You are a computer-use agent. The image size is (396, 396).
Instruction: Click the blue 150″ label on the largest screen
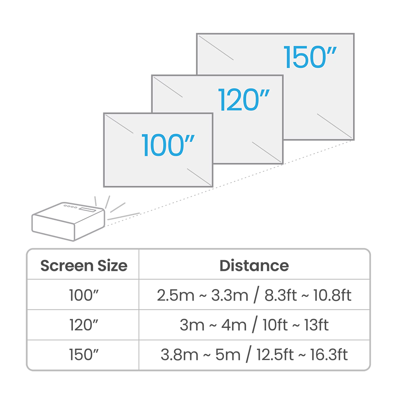pyautogui.click(x=310, y=57)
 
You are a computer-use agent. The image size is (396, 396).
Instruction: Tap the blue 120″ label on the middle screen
pyautogui.click(x=244, y=100)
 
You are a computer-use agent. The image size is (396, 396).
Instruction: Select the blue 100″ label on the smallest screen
pyautogui.click(x=168, y=145)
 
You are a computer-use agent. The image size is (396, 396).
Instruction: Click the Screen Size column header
pyautogui.click(x=84, y=266)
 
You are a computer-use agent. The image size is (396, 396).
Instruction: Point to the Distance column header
pyautogui.click(x=254, y=266)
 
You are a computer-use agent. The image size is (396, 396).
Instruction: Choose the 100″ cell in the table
pyautogui.click(x=84, y=295)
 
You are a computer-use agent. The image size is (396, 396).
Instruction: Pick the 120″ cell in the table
pyautogui.click(x=84, y=325)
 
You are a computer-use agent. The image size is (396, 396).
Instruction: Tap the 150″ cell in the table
pyautogui.click(x=84, y=354)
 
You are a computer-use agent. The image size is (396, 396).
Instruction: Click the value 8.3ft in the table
pyautogui.click(x=281, y=295)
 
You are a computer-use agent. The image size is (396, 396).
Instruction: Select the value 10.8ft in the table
pyautogui.click(x=332, y=295)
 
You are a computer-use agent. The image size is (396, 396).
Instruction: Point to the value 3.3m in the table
pyautogui.click(x=230, y=295)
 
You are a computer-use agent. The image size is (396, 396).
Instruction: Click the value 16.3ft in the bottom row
pyautogui.click(x=329, y=354)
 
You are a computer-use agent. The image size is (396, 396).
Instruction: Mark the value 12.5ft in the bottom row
pyautogui.click(x=275, y=354)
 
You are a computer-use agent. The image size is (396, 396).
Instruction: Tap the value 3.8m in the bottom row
pyautogui.click(x=179, y=354)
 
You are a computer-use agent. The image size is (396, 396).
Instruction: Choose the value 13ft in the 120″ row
pyautogui.click(x=316, y=325)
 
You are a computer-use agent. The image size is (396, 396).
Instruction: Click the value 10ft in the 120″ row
pyautogui.click(x=275, y=325)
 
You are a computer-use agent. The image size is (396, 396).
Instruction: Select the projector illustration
pyautogui.click(x=68, y=221)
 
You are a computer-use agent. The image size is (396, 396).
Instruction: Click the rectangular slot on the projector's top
pyautogui.click(x=88, y=209)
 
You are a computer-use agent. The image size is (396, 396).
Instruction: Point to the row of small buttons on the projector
pyautogui.click(x=70, y=207)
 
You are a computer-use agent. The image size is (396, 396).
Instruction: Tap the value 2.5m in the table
pyautogui.click(x=175, y=295)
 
